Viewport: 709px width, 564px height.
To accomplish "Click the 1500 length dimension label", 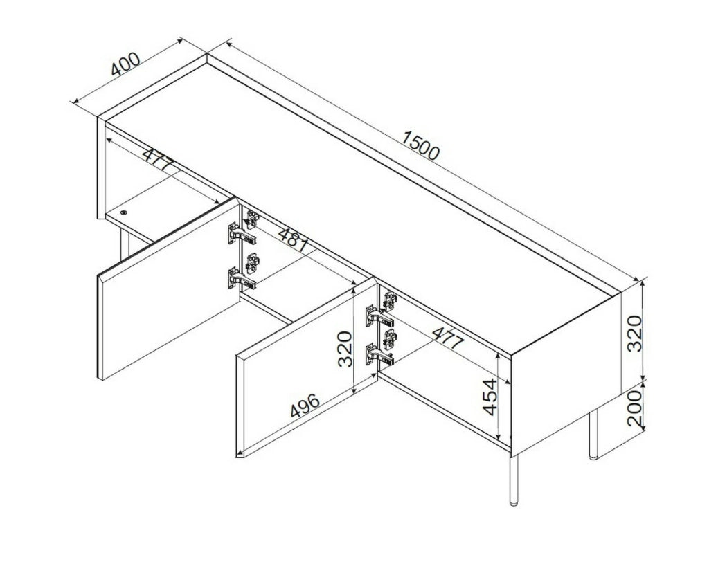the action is [420, 145].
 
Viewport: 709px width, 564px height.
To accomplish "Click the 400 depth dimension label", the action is [126, 64].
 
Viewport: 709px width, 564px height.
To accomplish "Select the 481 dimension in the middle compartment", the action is [294, 239].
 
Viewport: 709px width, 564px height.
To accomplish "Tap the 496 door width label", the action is [305, 405].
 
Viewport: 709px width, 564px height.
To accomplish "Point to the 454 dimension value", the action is [490, 397].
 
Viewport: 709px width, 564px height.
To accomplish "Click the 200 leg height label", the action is [636, 408].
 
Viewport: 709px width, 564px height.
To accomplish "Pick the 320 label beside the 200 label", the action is [636, 334].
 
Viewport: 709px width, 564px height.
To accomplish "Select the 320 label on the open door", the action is [345, 349].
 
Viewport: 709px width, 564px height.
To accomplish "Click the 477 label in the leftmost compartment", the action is [158, 158].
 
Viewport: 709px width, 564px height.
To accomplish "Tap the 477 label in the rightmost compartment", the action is [448, 337].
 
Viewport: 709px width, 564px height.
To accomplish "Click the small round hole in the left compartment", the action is [124, 212].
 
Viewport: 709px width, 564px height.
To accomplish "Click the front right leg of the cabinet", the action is [513, 480].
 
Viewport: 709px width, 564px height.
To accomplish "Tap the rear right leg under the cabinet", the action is [593, 435].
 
